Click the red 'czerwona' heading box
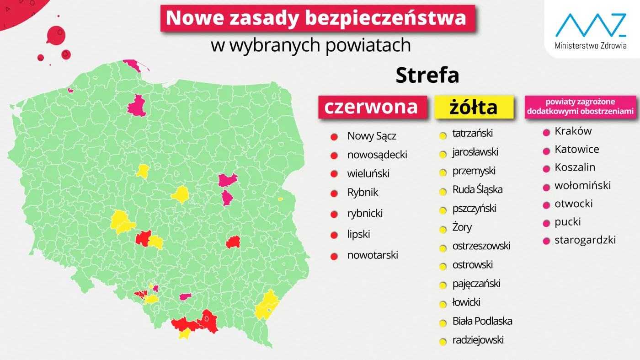point(372,107)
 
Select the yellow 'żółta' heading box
point(473,107)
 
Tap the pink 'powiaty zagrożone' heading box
point(580,107)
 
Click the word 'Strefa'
point(427,75)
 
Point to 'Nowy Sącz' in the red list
point(372,136)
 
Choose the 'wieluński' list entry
point(368,174)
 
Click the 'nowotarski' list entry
point(373,255)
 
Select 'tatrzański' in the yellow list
point(472,134)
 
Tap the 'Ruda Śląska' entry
point(477,190)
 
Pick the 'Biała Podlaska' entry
point(482,321)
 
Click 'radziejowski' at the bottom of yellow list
point(478,340)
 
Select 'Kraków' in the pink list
point(573,131)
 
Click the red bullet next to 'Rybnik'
point(334,193)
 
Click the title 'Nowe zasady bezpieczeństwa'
point(316,18)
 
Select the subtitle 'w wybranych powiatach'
point(310,45)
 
